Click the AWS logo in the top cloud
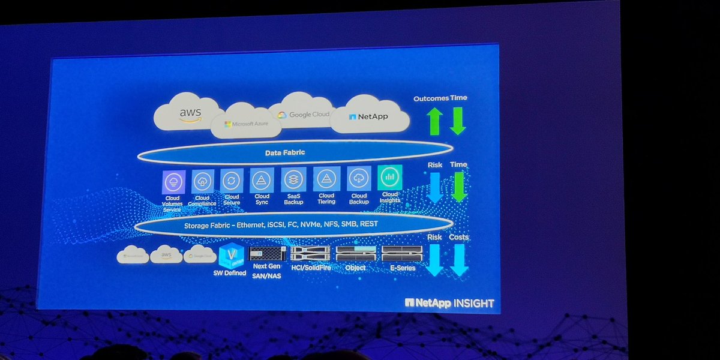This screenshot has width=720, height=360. coord(190,113)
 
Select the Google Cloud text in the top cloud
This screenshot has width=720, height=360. coord(304,114)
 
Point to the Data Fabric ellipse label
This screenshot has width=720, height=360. coord(285,153)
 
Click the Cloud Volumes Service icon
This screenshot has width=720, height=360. coord(174,181)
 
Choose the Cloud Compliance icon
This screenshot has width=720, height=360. coord(203,181)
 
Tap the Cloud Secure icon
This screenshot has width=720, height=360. coord(232,180)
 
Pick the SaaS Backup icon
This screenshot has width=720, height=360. coord(294,179)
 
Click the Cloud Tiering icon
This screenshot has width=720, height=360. coord(326,179)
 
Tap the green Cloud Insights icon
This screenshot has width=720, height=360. coord(390,178)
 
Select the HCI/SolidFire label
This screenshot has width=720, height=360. coord(310,268)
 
